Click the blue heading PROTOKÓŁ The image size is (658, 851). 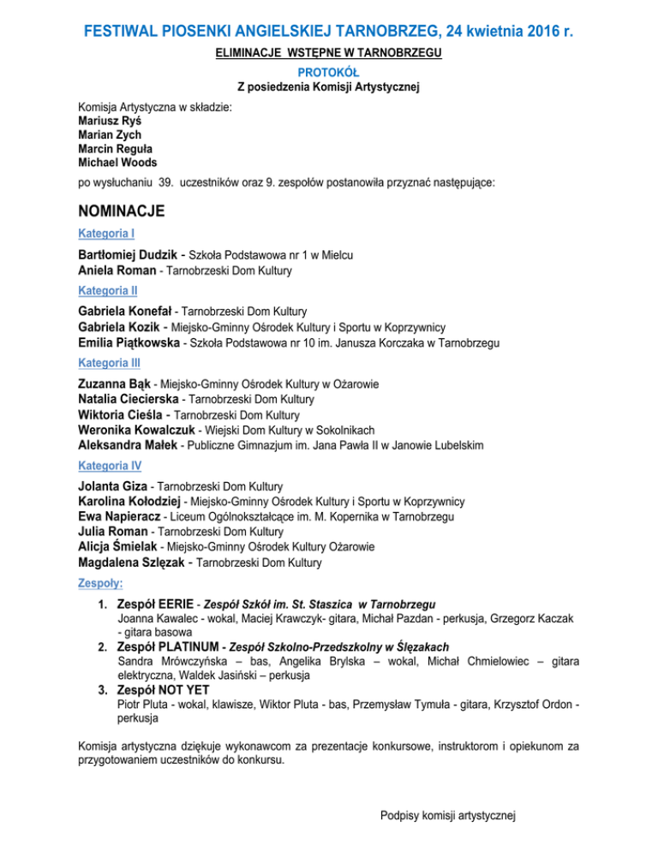point(329,71)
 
